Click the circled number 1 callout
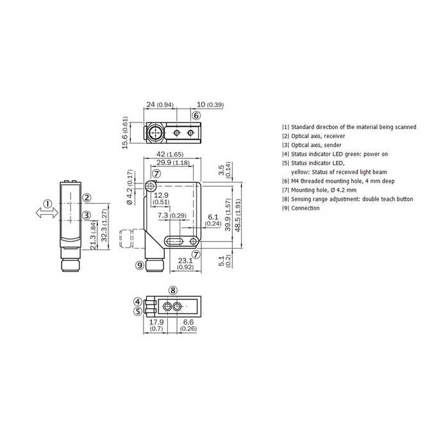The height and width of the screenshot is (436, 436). pyautogui.click(x=48, y=204)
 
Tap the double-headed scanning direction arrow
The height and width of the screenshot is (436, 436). pyautogui.click(x=47, y=214)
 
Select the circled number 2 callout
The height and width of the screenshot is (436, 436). pyautogui.click(x=87, y=197)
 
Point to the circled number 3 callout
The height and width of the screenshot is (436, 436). pyautogui.click(x=87, y=215)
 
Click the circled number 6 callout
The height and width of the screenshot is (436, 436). pyautogui.click(x=196, y=115)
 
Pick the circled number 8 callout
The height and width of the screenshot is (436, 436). pyautogui.click(x=172, y=290)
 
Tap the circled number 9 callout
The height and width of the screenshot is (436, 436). pyautogui.click(x=140, y=265)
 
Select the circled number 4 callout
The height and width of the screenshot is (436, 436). pyautogui.click(x=138, y=301)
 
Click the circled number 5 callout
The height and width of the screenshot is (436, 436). pyautogui.click(x=138, y=312)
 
